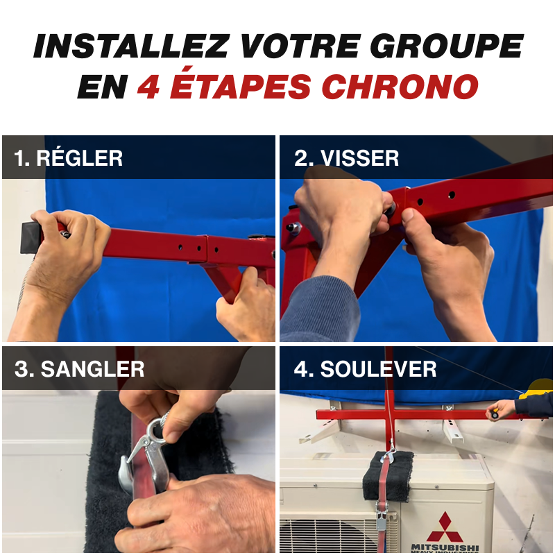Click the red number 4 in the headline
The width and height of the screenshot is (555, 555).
[147, 87]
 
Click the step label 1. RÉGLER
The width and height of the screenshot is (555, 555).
[68, 158]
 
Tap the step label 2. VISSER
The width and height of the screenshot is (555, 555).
[346, 158]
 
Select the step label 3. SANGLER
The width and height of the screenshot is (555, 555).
[79, 368]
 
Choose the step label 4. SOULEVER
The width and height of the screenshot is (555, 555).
[365, 368]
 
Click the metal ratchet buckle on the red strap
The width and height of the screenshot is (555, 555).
[384, 520]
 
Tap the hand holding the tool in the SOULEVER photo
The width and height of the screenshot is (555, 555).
[502, 409]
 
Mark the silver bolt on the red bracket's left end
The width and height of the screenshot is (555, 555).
[294, 228]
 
